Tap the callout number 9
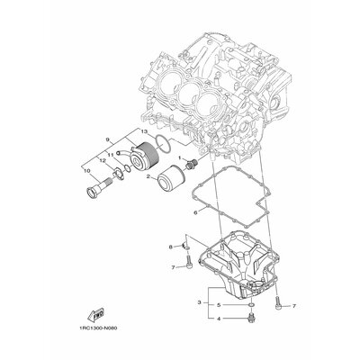pos(108,139)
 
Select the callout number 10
pos(87,168)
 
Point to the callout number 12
pos(102,160)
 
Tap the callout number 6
pos(194,212)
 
